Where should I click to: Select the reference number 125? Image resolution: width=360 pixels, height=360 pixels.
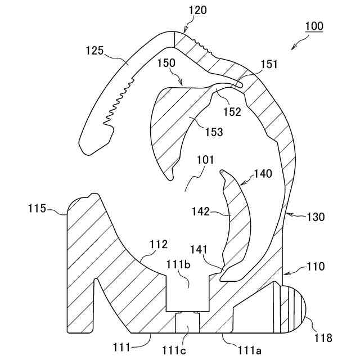pyautogui.click(x=94, y=51)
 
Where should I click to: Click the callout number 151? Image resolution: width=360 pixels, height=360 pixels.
pyautogui.click(x=269, y=65)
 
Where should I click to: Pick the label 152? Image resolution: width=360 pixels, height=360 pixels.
pyautogui.click(x=231, y=111)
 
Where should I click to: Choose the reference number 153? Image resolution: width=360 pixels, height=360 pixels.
pyautogui.click(x=214, y=132)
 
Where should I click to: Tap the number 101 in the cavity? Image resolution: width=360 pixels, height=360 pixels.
pyautogui.click(x=205, y=160)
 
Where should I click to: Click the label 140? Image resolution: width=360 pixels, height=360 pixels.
pyautogui.click(x=263, y=174)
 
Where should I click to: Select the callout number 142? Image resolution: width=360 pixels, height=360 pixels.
pyautogui.click(x=201, y=211)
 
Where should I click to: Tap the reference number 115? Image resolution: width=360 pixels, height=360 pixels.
pyautogui.click(x=37, y=209)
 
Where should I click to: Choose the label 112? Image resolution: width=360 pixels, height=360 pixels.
pyautogui.click(x=159, y=244)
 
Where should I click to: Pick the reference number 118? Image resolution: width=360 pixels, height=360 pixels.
pyautogui.click(x=323, y=338)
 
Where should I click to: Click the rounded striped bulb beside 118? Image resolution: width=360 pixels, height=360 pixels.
pyautogui.click(x=292, y=309)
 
